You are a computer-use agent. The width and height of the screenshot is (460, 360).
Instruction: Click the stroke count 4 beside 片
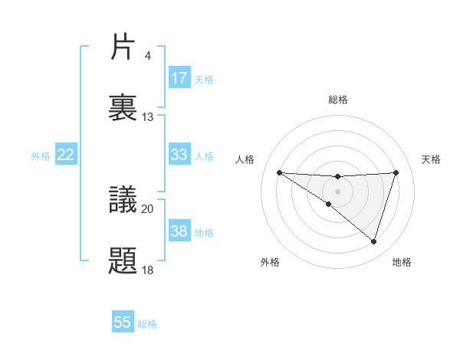click(147, 56)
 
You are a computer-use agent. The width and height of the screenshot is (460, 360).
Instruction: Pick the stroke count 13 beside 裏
click(148, 117)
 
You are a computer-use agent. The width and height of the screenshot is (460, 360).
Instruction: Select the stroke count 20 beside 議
click(148, 208)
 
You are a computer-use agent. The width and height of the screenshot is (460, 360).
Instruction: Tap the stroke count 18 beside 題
click(148, 270)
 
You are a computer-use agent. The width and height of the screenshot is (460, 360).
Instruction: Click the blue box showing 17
click(179, 78)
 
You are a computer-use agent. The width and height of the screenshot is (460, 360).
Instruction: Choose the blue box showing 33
click(179, 155)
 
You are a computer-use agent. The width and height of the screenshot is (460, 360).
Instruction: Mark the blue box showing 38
click(179, 231)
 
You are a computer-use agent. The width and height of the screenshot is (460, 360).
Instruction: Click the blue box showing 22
click(66, 155)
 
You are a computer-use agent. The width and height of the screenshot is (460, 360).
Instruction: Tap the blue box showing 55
click(123, 322)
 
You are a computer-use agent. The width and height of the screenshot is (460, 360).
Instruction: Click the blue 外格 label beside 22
click(41, 155)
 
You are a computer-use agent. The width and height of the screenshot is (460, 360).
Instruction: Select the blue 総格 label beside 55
click(147, 323)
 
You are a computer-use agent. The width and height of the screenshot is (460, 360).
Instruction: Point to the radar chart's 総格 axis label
click(337, 100)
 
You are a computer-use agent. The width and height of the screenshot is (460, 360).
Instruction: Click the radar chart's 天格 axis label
click(432, 159)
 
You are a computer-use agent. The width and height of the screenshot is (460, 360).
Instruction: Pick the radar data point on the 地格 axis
click(374, 242)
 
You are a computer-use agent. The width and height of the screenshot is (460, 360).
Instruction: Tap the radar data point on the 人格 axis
click(279, 172)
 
